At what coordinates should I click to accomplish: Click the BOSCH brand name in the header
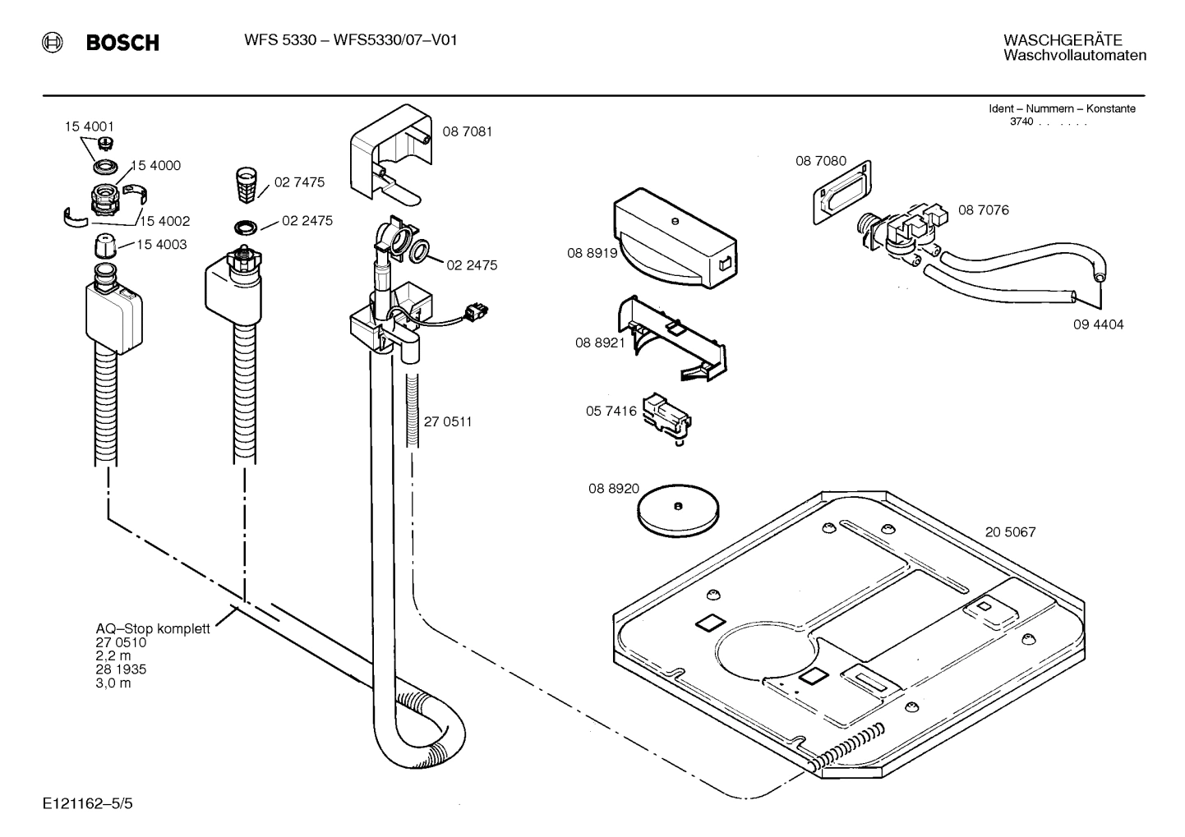coord(122,43)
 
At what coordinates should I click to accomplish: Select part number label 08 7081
coord(468,131)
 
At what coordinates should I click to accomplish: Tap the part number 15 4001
coord(90,126)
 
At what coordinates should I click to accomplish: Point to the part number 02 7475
coord(299,182)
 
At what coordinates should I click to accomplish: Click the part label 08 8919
coord(592,254)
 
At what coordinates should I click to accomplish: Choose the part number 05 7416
coord(611,411)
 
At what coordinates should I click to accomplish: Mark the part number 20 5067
coord(1010,532)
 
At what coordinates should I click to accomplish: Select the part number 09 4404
coord(1098,324)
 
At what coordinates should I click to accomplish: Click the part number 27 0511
coord(448,422)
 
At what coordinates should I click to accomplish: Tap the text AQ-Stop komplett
coord(153,629)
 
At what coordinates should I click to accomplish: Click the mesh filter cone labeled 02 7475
coord(246,185)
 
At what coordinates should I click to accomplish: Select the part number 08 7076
coord(983,210)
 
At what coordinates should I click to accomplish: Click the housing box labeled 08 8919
coord(674,240)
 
